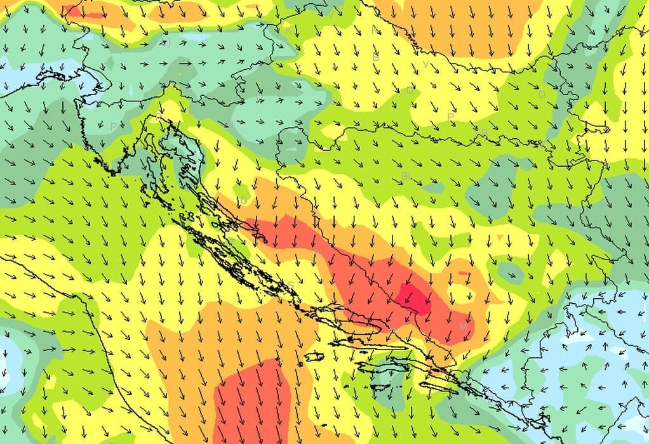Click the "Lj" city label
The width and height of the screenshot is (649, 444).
[x=168, y=42]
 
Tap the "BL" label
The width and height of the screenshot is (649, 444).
[x=406, y=175]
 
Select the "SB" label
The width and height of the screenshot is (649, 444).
[x=485, y=132]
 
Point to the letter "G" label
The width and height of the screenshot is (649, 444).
[x=243, y=202]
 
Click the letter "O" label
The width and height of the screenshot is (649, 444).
[x=542, y=95]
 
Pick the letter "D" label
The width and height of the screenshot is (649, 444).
[x=410, y=90]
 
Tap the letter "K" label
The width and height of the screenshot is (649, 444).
[x=288, y=30]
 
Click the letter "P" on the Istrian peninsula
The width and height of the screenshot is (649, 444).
[x=112, y=127]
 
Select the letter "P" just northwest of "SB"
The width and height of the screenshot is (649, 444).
[x=450, y=117]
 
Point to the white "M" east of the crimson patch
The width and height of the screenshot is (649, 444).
[x=464, y=325]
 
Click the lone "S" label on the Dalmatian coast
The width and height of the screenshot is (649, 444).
[x=291, y=284]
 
